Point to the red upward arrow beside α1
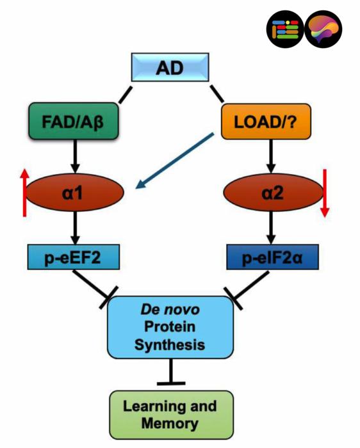pyautogui.click(x=25, y=192)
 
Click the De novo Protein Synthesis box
pyautogui.click(x=170, y=327)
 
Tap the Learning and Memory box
pyautogui.click(x=170, y=415)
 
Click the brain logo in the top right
pyautogui.click(x=323, y=30)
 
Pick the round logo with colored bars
pyautogui.click(x=285, y=30)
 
